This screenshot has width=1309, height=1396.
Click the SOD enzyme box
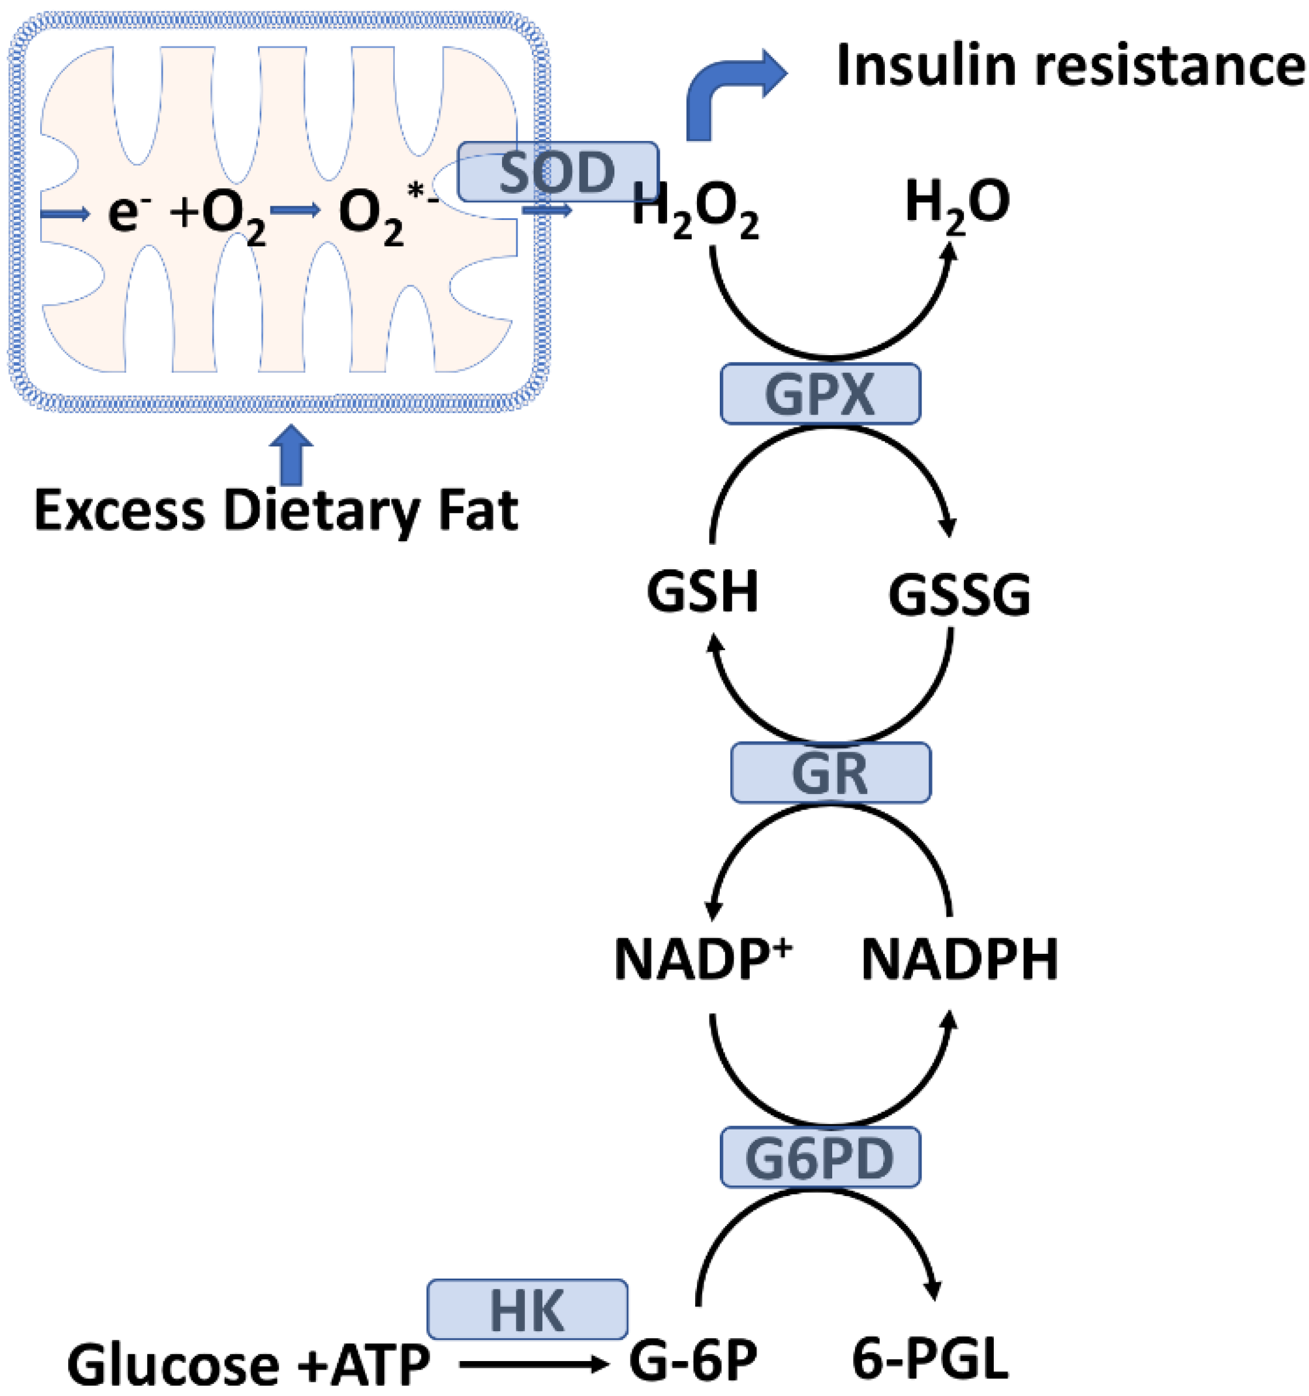[557, 172]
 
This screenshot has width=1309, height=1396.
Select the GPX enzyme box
[820, 394]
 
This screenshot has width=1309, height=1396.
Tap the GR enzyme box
[830, 772]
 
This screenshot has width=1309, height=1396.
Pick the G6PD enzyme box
[820, 1157]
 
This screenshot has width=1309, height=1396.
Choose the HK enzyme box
[527, 1309]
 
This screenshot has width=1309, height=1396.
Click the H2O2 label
[695, 207]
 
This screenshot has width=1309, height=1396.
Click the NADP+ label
[703, 960]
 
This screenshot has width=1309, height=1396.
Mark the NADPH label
[959, 960]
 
